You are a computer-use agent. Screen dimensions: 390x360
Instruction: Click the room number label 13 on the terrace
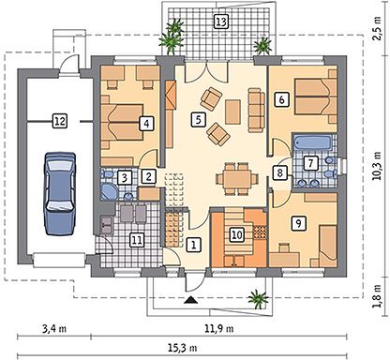tap(221, 22)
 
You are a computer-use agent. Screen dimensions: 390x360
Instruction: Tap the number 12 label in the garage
tap(60, 121)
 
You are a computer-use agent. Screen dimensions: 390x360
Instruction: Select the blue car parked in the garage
tap(60, 193)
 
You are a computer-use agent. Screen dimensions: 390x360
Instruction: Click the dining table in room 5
tap(237, 179)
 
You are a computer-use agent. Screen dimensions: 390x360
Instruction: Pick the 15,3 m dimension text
tap(183, 348)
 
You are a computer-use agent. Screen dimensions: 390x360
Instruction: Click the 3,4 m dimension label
tap(54, 329)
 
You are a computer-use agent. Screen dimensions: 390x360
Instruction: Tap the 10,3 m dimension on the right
tap(378, 166)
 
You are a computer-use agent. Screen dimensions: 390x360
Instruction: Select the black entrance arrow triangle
tap(190, 300)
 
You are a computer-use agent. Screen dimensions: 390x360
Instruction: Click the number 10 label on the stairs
tap(237, 234)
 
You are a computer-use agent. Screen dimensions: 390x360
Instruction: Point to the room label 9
tap(298, 223)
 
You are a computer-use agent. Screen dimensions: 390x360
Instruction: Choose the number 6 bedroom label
tap(281, 99)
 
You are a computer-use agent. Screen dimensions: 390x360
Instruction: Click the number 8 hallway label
tap(279, 172)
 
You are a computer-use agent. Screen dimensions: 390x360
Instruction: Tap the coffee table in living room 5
tap(232, 112)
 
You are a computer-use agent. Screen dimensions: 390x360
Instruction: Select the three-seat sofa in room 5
tap(256, 110)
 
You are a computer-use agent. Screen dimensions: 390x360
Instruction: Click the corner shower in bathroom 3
tap(109, 191)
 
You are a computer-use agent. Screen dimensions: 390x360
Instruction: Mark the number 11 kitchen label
tap(137, 240)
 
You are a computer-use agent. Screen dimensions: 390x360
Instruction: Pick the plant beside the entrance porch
tap(258, 299)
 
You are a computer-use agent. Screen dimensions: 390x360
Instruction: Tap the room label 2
tap(148, 176)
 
